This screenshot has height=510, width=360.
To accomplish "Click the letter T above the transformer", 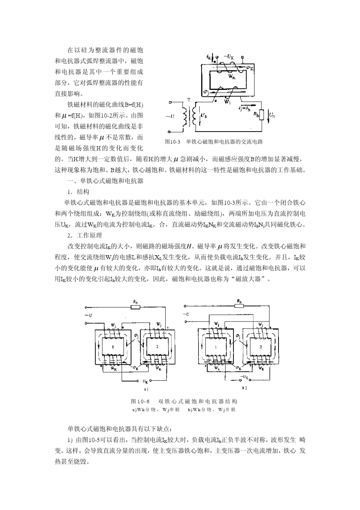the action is (x=188, y=100).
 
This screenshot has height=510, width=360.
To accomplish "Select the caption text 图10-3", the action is (x=172, y=142).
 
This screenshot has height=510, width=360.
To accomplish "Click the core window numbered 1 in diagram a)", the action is (x=113, y=347).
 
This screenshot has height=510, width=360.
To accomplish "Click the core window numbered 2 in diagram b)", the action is (x=260, y=347).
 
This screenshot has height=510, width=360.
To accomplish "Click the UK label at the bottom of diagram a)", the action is (x=144, y=381).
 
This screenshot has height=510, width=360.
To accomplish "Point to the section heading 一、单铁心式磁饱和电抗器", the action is (x=105, y=181).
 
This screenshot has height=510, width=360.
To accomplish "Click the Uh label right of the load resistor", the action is (x=272, y=114).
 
